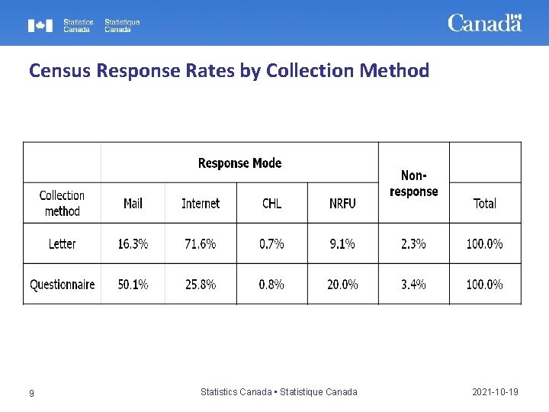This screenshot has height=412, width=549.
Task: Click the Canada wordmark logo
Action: tap(484, 23)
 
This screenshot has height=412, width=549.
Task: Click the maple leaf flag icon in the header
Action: tap(40, 26)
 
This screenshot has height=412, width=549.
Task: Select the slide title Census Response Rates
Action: tap(229, 71)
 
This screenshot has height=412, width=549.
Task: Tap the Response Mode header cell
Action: tap(239, 163)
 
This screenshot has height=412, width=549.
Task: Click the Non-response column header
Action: tap(413, 183)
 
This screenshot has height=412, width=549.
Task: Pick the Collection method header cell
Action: tap(62, 203)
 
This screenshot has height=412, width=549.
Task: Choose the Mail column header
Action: tap(133, 203)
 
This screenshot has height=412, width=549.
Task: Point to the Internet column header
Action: tap(201, 203)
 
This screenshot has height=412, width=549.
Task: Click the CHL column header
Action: tap(271, 203)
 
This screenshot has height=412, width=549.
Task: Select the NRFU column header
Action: tap(342, 203)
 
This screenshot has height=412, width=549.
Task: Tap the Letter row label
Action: tap(62, 243)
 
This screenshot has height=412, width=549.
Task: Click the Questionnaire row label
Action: tap(62, 285)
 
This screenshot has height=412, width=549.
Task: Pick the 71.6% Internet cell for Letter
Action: tap(201, 243)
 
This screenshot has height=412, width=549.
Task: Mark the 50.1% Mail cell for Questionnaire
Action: tap(133, 285)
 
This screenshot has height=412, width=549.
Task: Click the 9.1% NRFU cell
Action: tap(342, 243)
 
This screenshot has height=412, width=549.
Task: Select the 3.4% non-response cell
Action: tap(413, 285)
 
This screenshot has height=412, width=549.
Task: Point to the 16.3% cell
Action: tap(133, 243)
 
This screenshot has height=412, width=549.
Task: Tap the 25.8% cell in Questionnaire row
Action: tap(201, 285)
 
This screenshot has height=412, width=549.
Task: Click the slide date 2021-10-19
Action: tap(495, 392)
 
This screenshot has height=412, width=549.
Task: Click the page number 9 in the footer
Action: tap(31, 393)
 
